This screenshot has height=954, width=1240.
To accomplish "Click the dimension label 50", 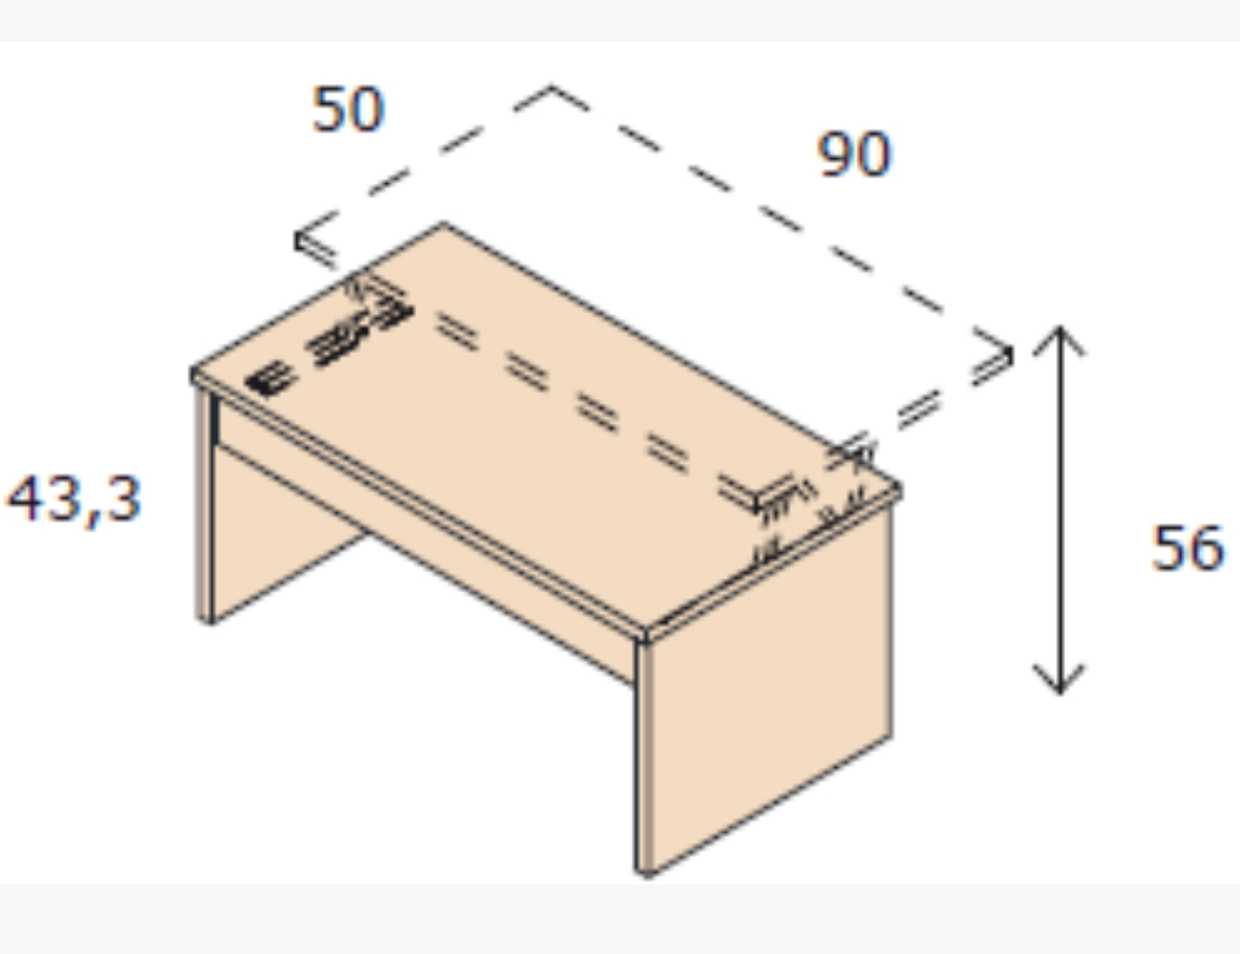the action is point(348,109).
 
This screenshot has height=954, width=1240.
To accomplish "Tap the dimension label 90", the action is point(854,154).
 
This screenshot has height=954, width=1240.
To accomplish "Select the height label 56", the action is point(1188,549).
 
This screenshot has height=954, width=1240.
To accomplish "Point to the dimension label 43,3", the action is point(73,499).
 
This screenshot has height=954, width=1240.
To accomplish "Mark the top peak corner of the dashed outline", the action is point(551,87).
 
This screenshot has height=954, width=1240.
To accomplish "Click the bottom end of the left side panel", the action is point(204,622).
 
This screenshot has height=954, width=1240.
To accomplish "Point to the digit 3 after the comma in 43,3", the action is point(123,499).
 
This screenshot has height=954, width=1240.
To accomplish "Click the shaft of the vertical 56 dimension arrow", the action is point(1060,510).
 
